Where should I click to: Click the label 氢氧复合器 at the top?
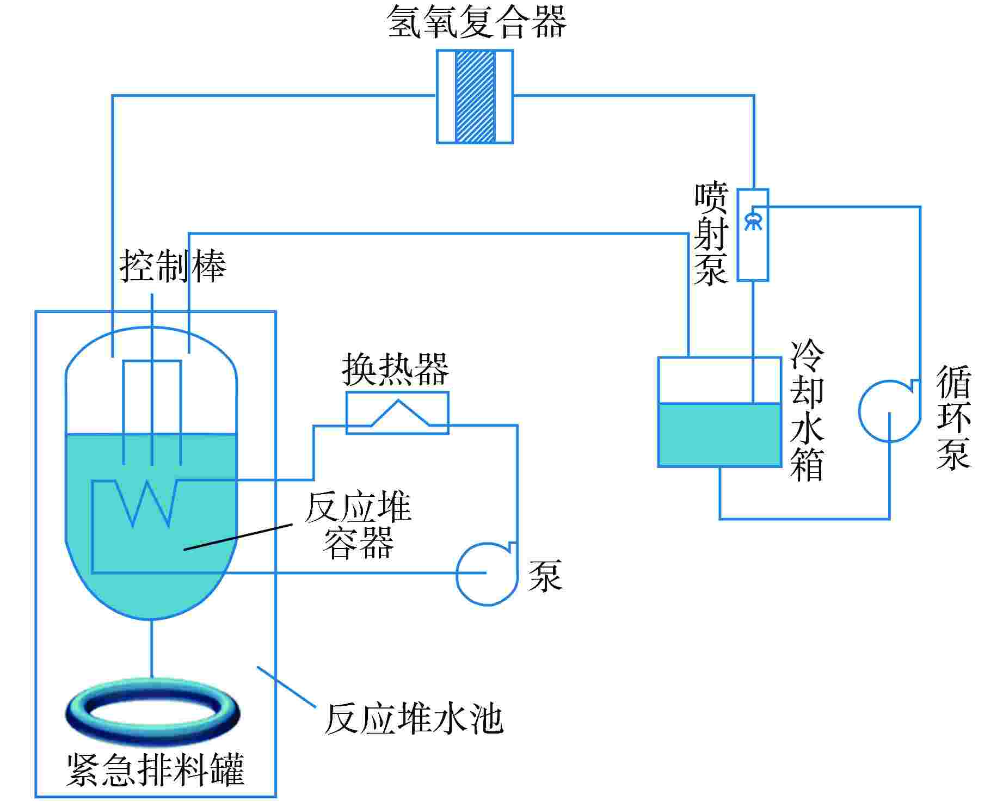pos(477,23)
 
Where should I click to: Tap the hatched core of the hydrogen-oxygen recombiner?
pos(475,97)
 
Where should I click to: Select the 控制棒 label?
pos(173,267)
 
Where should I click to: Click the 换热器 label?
pos(396,369)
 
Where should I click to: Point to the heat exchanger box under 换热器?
pos(398,413)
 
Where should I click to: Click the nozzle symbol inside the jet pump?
pos(753,220)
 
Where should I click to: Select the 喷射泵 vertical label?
pos(711,234)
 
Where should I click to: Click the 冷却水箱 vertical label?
pos(807,411)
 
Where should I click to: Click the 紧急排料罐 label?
pos(155,769)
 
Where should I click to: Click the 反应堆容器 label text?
pos(358,525)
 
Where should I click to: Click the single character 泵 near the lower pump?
pos(545,575)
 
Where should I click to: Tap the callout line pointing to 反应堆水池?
pos(286,687)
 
